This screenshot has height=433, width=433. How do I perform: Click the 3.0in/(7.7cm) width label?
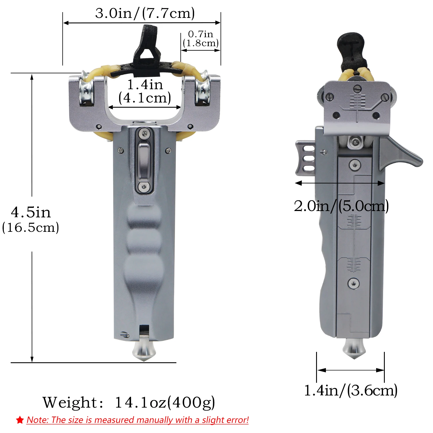(145, 14)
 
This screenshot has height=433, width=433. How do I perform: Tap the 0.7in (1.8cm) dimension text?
(201, 39)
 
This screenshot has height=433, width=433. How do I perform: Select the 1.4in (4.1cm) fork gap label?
(145, 91)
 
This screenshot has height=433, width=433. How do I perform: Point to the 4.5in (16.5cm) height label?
(31, 220)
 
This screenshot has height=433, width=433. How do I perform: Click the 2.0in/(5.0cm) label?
(341, 206)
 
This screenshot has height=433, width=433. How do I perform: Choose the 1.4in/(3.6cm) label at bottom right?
(351, 390)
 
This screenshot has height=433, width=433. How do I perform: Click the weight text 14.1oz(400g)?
(165, 402)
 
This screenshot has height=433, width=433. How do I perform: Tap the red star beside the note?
(20, 420)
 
